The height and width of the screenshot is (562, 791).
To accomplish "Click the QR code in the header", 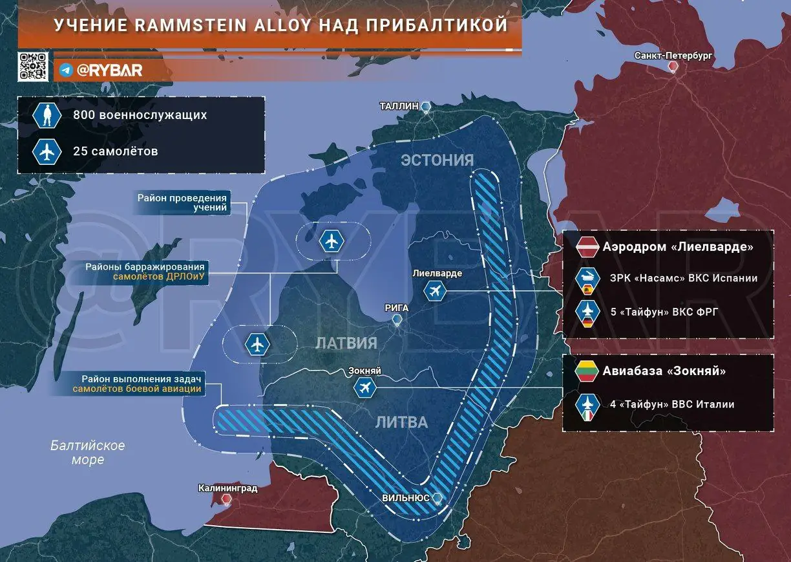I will coord(33,66).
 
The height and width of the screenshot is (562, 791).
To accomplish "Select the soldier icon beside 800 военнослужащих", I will coord(46,116).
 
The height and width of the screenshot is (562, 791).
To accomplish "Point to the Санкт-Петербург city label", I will coord(673,56).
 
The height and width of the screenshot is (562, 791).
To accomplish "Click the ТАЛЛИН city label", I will coord(399,105).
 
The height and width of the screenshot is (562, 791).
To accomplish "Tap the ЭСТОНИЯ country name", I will coord(437,160).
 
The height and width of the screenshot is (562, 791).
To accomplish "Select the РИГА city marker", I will coord(397,319).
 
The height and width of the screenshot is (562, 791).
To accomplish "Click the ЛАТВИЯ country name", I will coord(346,343).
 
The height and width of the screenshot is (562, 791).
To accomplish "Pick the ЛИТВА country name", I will coord(401,422).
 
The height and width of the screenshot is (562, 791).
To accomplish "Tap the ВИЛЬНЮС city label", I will coord(405,498).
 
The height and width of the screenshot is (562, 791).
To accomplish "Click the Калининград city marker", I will coord(226,499).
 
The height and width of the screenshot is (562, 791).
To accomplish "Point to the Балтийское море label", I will coord(88,453).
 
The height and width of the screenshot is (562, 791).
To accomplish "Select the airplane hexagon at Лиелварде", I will coord(436,291).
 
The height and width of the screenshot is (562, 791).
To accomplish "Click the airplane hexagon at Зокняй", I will coord(365,388).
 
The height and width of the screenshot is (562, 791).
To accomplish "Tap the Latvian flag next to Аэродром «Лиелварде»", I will coord(587,246).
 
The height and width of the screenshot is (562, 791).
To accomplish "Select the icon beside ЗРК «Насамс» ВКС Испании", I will coord(589,279).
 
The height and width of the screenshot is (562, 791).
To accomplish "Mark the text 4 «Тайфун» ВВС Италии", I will coord(672,404).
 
